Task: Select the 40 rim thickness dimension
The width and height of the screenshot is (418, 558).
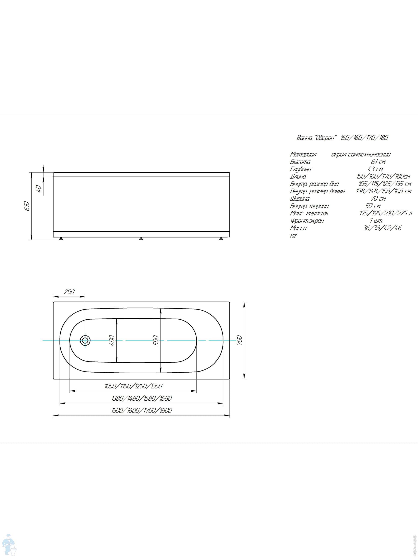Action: click(x=38, y=189)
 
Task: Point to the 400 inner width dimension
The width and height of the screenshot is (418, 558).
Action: click(x=112, y=340)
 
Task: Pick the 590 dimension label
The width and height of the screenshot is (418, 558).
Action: click(x=156, y=340)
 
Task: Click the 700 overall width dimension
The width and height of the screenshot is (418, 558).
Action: click(x=240, y=340)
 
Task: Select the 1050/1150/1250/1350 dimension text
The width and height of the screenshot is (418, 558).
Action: click(x=133, y=386)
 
